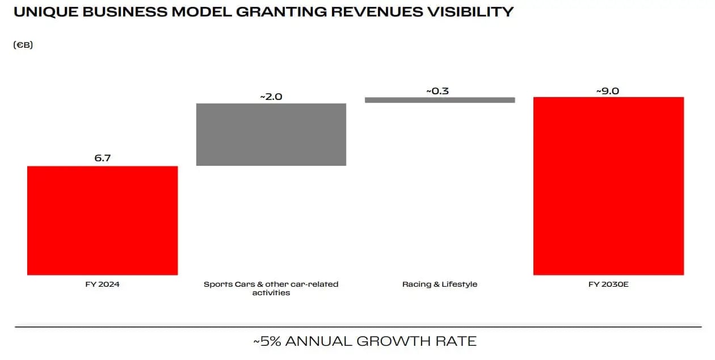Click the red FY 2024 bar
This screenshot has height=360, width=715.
click(102, 220)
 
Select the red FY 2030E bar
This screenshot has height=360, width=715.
click(608, 186)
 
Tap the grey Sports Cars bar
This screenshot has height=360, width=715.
click(271, 134)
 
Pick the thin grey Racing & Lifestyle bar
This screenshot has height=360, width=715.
click(439, 100)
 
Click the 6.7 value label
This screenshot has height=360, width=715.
click(102, 158)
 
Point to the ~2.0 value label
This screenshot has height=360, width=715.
click(271, 97)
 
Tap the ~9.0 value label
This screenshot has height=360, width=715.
click(607, 91)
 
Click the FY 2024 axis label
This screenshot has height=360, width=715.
click(102, 284)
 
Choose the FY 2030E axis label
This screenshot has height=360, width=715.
click(609, 284)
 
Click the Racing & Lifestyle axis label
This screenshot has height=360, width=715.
click(440, 284)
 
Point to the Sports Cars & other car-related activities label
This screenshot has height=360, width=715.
click(271, 288)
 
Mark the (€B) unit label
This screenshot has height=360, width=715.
click(23, 45)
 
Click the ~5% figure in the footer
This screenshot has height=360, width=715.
click(267, 341)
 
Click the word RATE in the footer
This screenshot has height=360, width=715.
click(457, 341)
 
